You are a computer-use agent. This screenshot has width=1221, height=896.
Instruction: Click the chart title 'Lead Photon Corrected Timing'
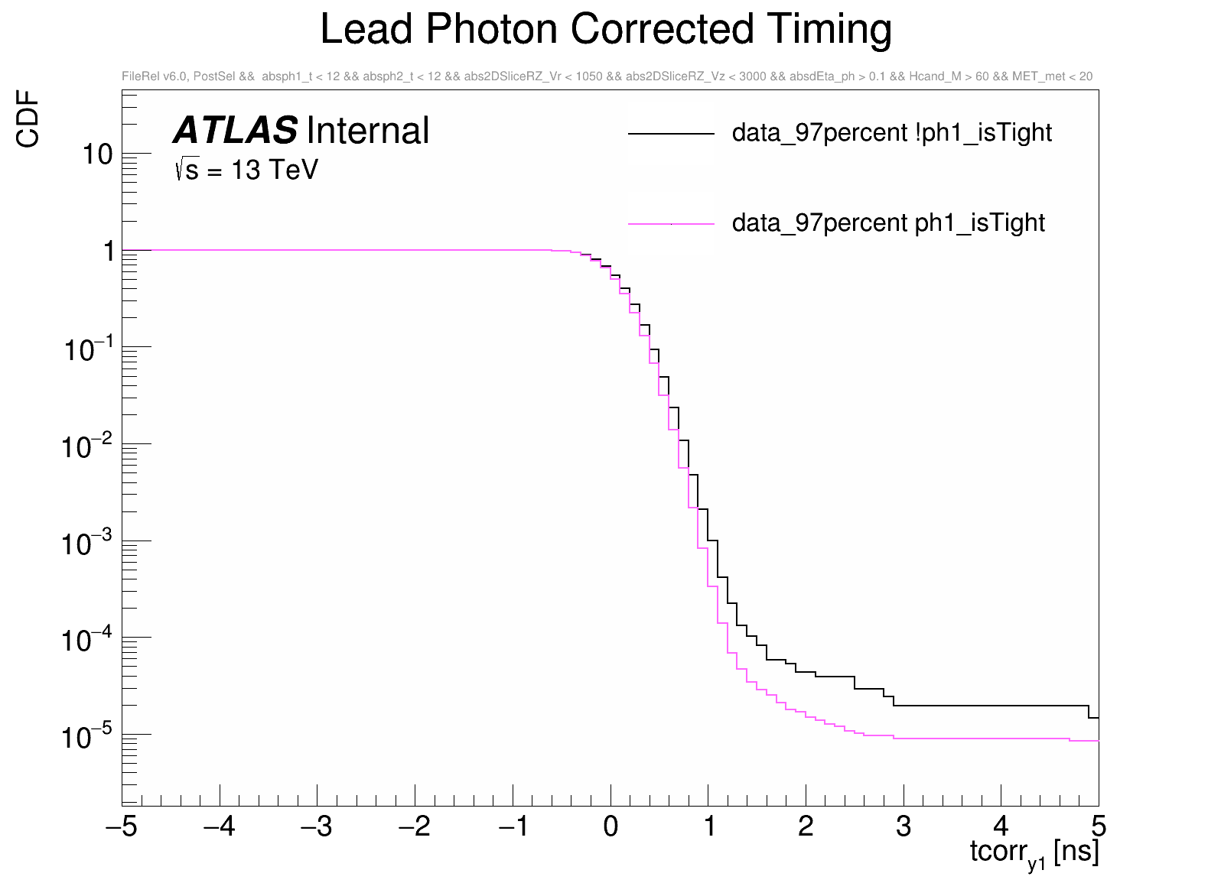click(x=605, y=30)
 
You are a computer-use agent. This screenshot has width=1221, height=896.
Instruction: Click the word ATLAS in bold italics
click(x=235, y=131)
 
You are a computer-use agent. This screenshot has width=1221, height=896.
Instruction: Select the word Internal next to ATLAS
click(x=367, y=131)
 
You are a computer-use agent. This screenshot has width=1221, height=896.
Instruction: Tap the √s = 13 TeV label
click(x=246, y=170)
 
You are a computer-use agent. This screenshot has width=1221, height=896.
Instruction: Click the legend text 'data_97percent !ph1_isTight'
click(x=891, y=133)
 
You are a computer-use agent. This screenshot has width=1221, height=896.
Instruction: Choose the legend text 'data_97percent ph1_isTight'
click(x=887, y=222)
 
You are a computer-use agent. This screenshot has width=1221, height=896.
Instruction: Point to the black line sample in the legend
click(x=671, y=134)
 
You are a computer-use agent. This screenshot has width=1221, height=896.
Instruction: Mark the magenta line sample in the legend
click(x=671, y=223)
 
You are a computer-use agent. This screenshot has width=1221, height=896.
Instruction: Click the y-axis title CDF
click(x=28, y=118)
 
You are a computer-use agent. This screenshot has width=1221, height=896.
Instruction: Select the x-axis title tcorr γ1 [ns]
click(x=1034, y=852)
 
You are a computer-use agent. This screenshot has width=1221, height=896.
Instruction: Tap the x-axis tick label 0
click(x=610, y=826)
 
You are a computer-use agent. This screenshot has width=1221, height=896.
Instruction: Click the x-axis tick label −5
click(x=122, y=826)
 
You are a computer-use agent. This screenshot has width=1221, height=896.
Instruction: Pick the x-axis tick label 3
click(x=904, y=826)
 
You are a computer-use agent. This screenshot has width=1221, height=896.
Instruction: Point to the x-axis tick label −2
click(x=415, y=826)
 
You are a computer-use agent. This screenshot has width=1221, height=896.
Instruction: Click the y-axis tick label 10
click(x=98, y=154)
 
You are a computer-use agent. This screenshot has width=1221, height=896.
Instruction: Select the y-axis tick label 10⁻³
click(x=87, y=543)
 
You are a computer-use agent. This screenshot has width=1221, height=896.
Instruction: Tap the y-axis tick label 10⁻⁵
click(x=87, y=736)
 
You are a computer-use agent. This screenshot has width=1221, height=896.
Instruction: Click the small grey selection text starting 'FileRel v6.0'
click(x=607, y=76)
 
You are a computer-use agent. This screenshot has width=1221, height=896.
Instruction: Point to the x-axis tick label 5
click(x=1099, y=826)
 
